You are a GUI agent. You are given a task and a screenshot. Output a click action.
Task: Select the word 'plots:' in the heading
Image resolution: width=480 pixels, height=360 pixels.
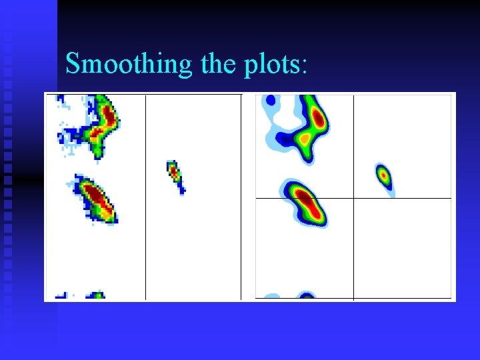click(x=275, y=65)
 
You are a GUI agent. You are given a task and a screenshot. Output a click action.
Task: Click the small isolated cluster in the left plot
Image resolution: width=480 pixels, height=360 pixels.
click(x=175, y=174)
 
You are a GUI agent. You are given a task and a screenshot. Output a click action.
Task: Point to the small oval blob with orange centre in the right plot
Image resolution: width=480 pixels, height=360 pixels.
click(x=383, y=175)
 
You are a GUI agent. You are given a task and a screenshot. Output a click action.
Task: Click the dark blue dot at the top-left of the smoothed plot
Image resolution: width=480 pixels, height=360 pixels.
click(x=271, y=101)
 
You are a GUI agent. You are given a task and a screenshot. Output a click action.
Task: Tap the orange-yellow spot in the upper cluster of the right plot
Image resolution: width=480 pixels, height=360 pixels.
click(x=304, y=139)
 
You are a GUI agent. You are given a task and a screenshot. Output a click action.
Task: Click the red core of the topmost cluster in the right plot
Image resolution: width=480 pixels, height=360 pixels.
click(x=319, y=119)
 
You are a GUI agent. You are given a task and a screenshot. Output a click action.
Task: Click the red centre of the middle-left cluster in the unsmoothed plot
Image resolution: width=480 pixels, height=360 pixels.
click(x=95, y=196)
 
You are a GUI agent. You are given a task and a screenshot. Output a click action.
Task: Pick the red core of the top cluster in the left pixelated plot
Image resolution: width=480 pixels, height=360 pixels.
click(x=107, y=115)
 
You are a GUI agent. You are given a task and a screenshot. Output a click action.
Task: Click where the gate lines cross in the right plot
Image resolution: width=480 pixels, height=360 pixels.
click(x=353, y=198)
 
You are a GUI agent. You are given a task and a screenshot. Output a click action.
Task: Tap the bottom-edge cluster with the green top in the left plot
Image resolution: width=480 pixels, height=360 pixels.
click(x=97, y=295)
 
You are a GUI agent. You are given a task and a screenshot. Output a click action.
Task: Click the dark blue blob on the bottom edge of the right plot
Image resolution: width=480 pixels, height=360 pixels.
click(x=306, y=295)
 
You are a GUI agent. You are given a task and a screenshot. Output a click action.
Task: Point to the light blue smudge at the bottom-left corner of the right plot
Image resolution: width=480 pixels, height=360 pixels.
click(x=271, y=296)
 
